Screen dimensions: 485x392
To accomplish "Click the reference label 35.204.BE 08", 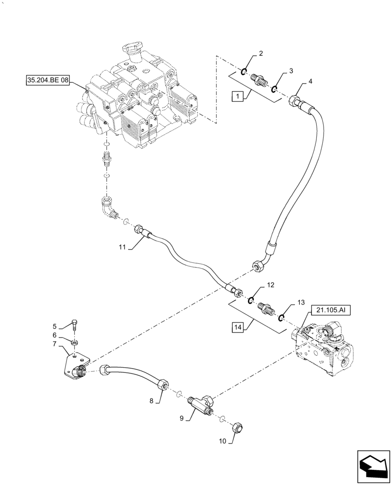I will pos(48,80).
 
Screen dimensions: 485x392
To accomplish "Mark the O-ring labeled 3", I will pos(274,88).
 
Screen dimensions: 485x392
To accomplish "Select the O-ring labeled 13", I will pos(282,317).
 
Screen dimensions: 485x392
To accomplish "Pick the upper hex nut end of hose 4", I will pos(295,102).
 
